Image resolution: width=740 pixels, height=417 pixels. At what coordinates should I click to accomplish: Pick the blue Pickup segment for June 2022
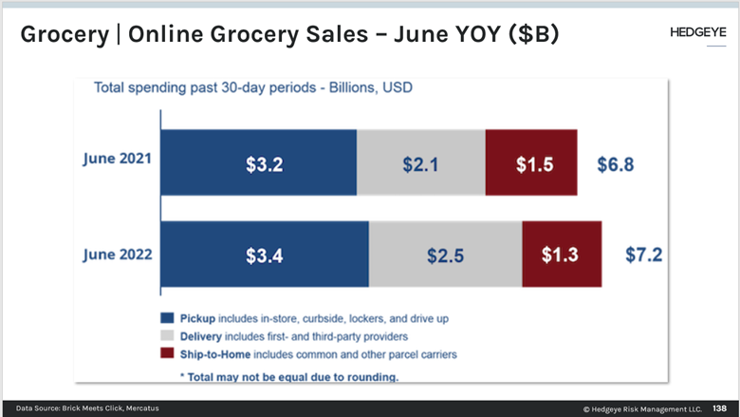(265, 255)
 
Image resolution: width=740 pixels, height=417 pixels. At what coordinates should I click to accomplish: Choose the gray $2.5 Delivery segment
(445, 255)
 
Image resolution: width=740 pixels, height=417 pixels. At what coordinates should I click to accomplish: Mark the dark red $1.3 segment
(562, 255)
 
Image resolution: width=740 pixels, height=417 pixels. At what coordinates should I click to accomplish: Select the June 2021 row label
(116, 159)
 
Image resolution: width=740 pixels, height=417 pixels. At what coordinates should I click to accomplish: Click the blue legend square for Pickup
(168, 318)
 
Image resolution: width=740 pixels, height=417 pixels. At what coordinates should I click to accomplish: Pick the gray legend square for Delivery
(168, 336)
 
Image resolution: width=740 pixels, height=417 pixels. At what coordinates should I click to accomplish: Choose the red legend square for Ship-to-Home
(168, 354)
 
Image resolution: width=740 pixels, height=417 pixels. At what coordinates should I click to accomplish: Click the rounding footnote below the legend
(288, 376)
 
